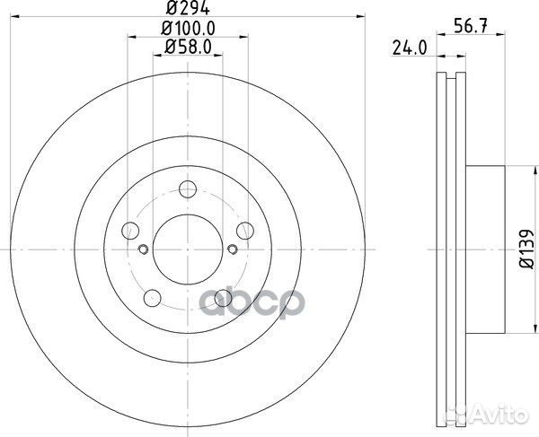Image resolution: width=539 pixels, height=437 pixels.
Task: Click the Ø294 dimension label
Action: point(188,7)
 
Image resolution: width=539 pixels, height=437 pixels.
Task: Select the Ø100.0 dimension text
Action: point(188,28)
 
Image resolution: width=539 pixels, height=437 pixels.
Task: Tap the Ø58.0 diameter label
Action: point(188,47)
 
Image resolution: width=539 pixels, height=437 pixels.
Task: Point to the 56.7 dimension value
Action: point(471,26)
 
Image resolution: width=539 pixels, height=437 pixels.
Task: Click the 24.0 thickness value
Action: point(410,48)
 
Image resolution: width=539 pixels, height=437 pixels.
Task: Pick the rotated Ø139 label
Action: point(526,249)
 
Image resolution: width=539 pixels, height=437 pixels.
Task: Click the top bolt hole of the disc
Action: point(188,189)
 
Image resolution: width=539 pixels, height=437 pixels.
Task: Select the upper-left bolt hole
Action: point(130,231)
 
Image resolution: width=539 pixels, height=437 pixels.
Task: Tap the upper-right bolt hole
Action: point(245,231)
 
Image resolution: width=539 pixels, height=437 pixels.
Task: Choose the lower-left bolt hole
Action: point(153,298)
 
